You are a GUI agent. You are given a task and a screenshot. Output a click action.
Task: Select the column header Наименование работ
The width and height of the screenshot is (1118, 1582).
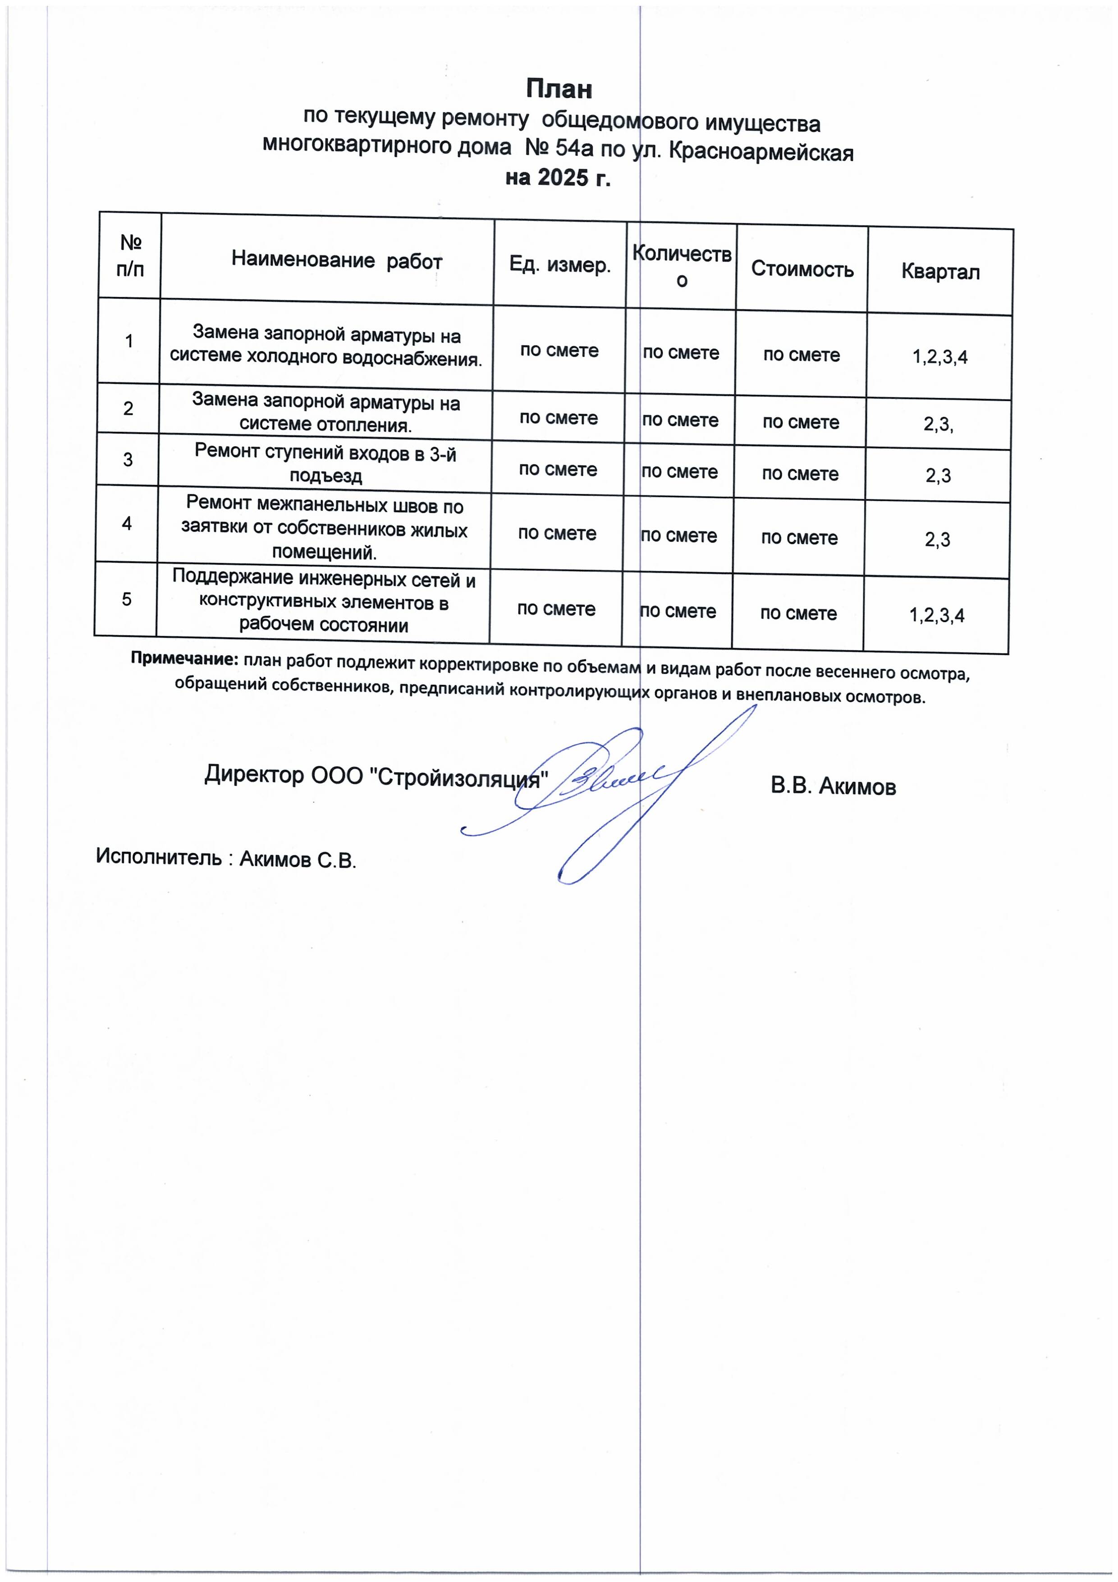(336, 261)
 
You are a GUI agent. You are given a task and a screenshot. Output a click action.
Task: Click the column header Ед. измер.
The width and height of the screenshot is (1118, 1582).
(559, 265)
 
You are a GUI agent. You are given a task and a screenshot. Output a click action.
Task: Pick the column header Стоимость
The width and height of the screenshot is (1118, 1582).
(802, 269)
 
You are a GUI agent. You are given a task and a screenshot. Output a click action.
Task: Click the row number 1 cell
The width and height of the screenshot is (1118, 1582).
(129, 340)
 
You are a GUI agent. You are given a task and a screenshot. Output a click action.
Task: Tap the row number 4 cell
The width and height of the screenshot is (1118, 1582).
(127, 524)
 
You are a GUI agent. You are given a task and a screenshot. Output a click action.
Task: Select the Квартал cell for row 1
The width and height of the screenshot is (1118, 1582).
(939, 357)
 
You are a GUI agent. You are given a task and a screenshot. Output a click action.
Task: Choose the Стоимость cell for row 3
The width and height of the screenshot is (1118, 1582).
(800, 474)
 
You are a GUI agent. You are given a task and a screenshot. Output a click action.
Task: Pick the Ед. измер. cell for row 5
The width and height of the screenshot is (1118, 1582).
(556, 609)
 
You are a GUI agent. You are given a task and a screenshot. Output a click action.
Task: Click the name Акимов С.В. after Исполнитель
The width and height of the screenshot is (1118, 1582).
(298, 860)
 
